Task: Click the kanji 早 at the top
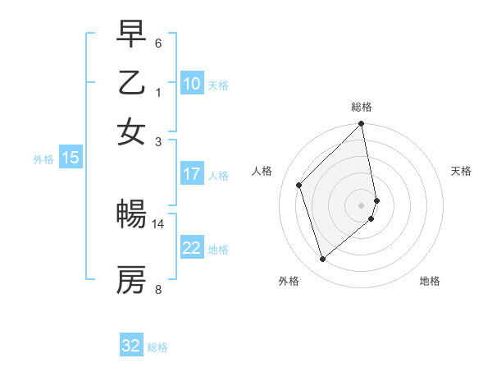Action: coord(131,34)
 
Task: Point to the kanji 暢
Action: coord(131,214)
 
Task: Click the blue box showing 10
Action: coord(192,84)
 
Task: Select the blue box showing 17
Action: coord(192,174)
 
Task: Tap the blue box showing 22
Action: coord(192,248)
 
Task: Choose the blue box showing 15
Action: coord(71,159)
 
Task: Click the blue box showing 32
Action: coord(131,346)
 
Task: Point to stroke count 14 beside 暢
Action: coord(158,223)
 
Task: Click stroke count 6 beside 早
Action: coord(158,43)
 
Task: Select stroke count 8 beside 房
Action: coord(158,289)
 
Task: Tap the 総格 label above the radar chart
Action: coord(362,107)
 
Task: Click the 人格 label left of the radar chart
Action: coord(262,171)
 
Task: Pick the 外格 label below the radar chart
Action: coord(289,282)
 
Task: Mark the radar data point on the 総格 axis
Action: coord(362,125)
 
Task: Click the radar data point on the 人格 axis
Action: coord(299,185)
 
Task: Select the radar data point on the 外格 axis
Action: coord(322,260)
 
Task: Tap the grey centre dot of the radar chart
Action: coord(362,204)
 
